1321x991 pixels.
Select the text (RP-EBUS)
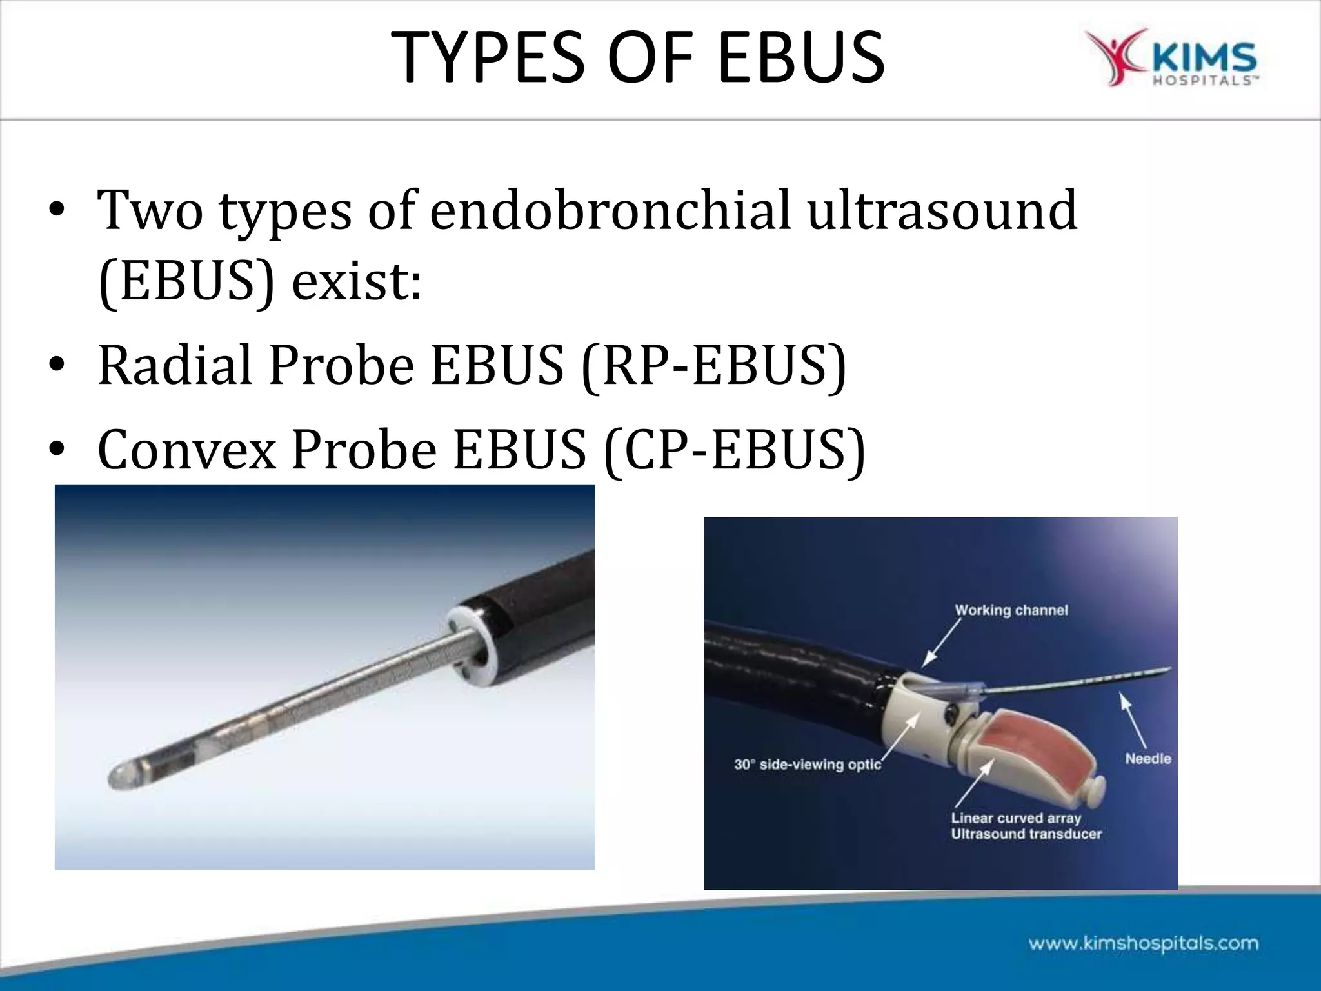coord(713,366)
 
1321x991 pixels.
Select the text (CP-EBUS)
coord(735,450)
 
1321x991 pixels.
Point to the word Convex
coord(187,450)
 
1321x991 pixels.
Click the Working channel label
coord(1011,610)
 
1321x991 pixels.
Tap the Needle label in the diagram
coord(1147,759)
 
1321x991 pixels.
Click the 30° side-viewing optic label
coord(807,765)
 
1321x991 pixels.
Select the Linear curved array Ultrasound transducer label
coord(1026,826)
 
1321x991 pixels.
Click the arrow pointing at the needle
coord(1134,719)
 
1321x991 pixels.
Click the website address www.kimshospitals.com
coord(1143,943)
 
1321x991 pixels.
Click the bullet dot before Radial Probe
coord(57,366)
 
